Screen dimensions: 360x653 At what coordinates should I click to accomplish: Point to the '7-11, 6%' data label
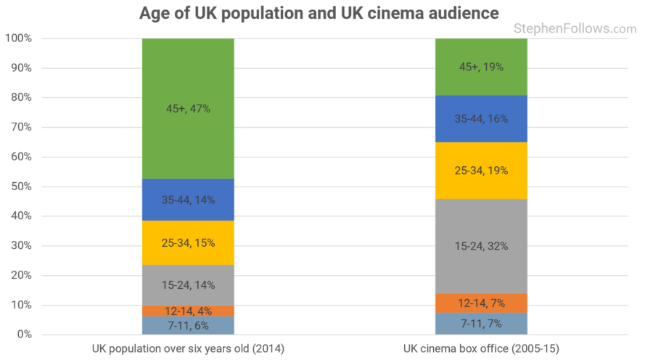click(x=188, y=325)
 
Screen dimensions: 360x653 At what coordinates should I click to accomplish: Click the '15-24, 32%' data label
click(x=480, y=246)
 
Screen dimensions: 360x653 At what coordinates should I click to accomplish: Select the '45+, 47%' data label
click(x=188, y=109)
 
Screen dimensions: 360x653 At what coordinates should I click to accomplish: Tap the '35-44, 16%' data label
click(x=480, y=118)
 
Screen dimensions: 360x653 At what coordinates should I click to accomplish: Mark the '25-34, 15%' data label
click(x=188, y=243)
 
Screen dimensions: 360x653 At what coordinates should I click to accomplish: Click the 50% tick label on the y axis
click(x=20, y=187)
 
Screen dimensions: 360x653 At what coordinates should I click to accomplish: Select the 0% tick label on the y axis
click(x=23, y=335)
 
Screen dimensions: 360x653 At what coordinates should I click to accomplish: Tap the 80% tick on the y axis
click(x=20, y=97)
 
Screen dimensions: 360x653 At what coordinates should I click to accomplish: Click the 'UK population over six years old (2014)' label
click(x=188, y=349)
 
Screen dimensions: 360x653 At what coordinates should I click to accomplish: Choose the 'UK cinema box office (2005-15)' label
click(x=480, y=349)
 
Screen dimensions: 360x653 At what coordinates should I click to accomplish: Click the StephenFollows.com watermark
click(x=575, y=29)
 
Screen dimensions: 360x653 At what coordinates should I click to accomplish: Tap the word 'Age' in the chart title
click(x=156, y=13)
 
